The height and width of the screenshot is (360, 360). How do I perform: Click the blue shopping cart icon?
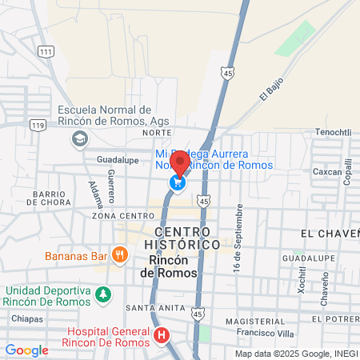click(x=177, y=184)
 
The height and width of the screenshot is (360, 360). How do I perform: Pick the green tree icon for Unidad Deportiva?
click(x=102, y=295)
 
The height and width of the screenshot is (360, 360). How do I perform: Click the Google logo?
click(x=26, y=350)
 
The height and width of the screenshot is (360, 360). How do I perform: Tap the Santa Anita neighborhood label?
click(x=150, y=308)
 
